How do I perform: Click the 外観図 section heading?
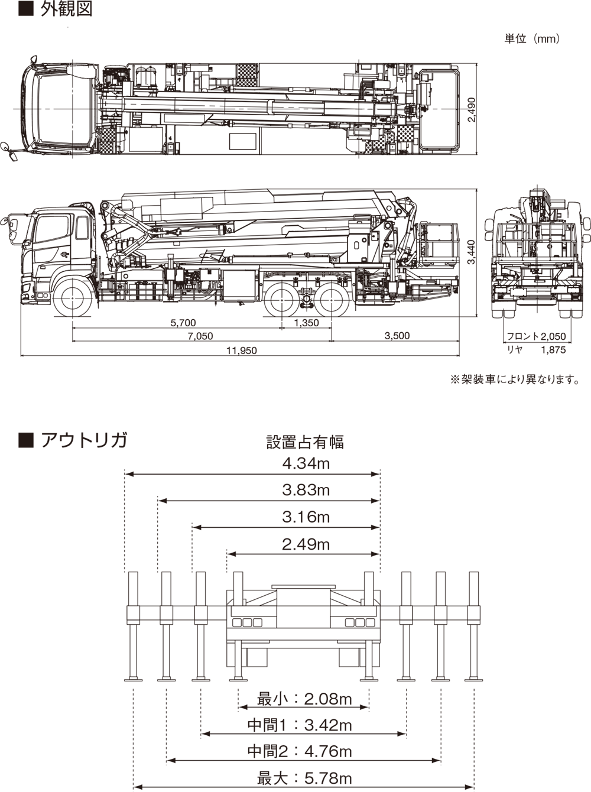click(66, 9)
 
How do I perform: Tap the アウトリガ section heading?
click(84, 440)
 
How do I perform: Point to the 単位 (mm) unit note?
click(532, 38)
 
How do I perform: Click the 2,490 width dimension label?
click(472, 110)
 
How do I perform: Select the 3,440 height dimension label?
click(471, 252)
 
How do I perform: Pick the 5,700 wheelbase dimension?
click(183, 323)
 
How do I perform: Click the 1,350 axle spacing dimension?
click(306, 323)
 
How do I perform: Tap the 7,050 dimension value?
click(200, 336)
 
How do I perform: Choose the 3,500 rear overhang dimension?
click(397, 336)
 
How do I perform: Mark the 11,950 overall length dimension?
click(242, 350)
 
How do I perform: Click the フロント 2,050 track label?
click(536, 336)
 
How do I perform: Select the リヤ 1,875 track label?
click(536, 350)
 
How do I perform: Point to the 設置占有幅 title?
click(305, 442)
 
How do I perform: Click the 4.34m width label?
click(306, 463)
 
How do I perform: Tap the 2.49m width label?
click(306, 544)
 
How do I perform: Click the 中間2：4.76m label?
click(300, 751)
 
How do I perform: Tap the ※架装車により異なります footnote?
click(515, 379)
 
